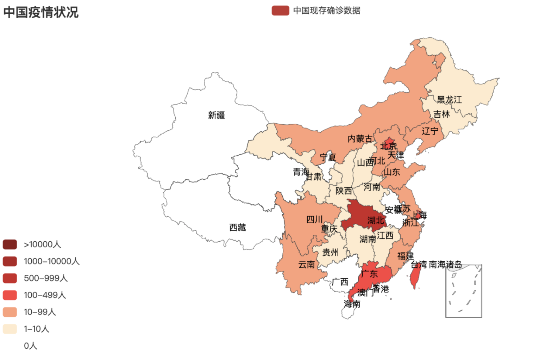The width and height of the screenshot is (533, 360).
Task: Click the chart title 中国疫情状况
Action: pyautogui.click(x=41, y=12)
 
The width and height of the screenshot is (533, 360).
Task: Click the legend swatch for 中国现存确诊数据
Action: pyautogui.click(x=280, y=11)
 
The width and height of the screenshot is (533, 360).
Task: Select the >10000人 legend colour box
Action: pyautogui.click(x=10, y=244)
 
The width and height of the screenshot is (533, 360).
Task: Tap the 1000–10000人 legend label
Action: pyautogui.click(x=51, y=261)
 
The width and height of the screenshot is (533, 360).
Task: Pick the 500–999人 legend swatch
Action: pyautogui.click(x=10, y=278)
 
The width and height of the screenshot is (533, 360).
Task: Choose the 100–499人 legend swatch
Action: pyautogui.click(x=10, y=295)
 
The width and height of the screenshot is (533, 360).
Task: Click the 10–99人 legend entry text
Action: pyautogui.click(x=39, y=312)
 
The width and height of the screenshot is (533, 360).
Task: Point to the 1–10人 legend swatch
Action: pyautogui.click(x=10, y=329)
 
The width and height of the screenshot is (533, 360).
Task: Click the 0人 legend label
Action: pyautogui.click(x=30, y=346)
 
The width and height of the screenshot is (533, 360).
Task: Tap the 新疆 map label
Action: pyautogui.click(x=216, y=115)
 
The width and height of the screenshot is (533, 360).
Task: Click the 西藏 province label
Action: pyautogui.click(x=237, y=228)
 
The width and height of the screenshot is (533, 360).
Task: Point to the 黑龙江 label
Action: pyautogui.click(x=449, y=100)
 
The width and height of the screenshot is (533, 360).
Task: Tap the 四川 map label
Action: pyautogui.click(x=314, y=219)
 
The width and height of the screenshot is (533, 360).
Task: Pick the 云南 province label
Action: pyautogui.click(x=306, y=265)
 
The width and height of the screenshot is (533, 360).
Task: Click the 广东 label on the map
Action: pyautogui.click(x=369, y=274)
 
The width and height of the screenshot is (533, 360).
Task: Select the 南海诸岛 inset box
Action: pyautogui.click(x=463, y=291)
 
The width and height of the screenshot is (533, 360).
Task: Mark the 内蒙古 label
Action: pyautogui.click(x=359, y=139)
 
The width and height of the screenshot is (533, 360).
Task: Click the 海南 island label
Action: pyautogui.click(x=352, y=304)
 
